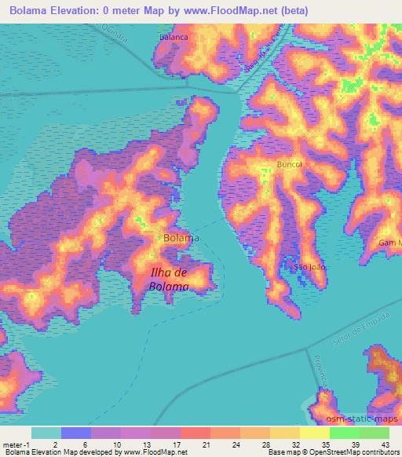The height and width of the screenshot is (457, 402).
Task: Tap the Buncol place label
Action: point(289,164)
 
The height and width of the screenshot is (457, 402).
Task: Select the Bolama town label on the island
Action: point(181,237)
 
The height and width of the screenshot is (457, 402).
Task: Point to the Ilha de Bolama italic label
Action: point(169,280)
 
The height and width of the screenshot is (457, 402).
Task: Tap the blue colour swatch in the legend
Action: point(75,433)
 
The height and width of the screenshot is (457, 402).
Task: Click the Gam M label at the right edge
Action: point(389,243)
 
